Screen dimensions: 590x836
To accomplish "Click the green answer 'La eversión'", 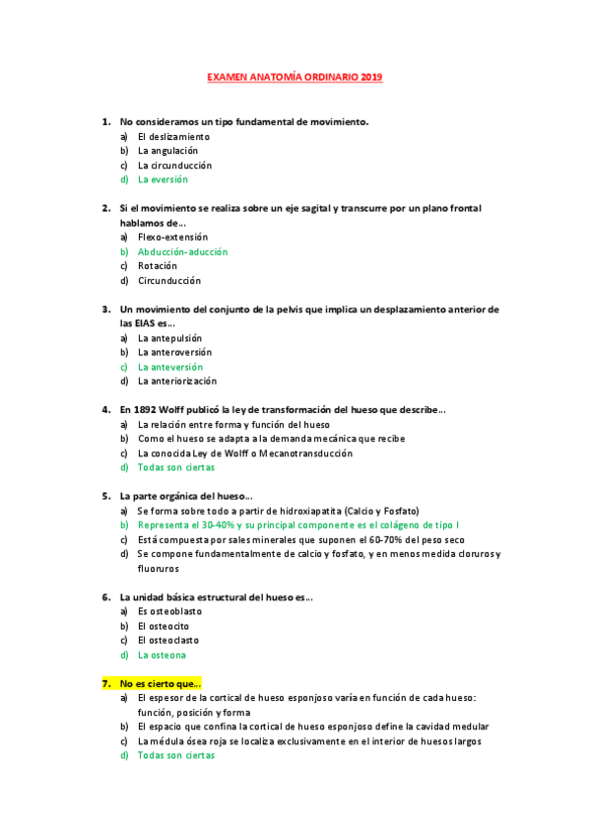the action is pos(163,179).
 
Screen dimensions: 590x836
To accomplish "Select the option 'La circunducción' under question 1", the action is pos(174,166).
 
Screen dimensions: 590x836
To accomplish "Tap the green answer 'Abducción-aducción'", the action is pos(182,251).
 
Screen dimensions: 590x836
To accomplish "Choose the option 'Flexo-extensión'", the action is pos(172,237).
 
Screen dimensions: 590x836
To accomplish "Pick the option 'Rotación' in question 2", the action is pos(158,266).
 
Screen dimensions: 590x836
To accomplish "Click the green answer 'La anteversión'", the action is pos(169,367).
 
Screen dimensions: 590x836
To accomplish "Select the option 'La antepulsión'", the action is pos(169,337).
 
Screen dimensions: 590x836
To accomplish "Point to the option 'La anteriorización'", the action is pos(177,381).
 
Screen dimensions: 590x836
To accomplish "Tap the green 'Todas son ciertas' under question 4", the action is pos(175,467).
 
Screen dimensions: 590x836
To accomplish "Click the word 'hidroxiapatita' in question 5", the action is pos(295,511).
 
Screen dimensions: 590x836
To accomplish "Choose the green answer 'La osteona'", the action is pos(162,655).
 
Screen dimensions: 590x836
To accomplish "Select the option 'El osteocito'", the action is pos(164,626).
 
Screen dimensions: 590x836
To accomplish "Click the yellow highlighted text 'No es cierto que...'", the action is pos(161,683).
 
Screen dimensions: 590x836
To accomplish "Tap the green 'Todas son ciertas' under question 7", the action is pos(175,755).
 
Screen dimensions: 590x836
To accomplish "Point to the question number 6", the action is pos(105,596).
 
